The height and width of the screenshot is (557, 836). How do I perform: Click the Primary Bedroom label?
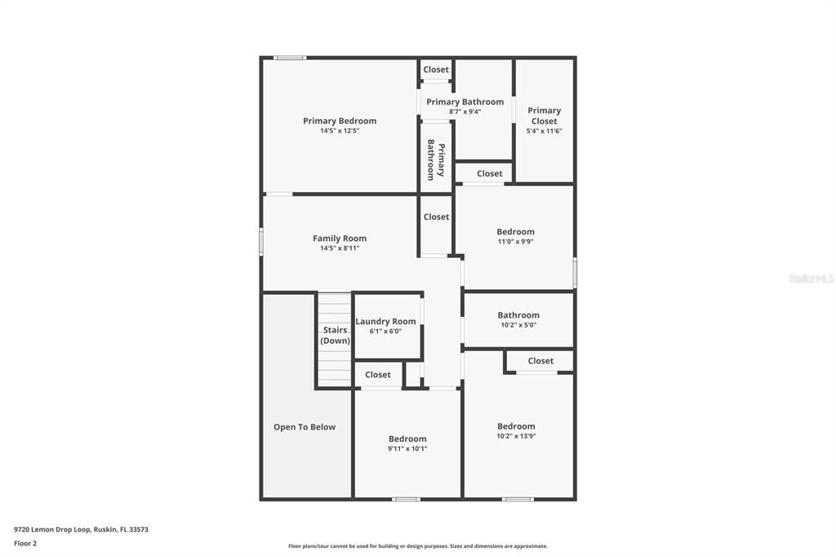[x=340, y=121]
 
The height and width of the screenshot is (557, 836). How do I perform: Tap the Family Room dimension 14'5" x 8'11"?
[x=340, y=248]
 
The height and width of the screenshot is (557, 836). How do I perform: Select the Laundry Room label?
[x=385, y=322]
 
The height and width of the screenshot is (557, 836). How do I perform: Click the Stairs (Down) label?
[x=335, y=335]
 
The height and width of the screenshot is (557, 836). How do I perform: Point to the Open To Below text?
[x=305, y=427]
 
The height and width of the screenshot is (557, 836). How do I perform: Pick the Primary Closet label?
[x=544, y=115]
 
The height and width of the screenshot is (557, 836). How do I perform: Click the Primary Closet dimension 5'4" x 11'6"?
[x=544, y=131]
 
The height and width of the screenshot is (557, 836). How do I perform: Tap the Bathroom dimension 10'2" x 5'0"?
[x=518, y=325]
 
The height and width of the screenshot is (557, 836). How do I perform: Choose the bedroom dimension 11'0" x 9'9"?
[x=516, y=242]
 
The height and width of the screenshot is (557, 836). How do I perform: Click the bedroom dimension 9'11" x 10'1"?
[x=407, y=448]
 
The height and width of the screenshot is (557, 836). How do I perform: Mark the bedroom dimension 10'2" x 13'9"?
[x=516, y=436]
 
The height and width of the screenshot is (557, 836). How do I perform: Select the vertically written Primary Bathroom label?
[x=436, y=159]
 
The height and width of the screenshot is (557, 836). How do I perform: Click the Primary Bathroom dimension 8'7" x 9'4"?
[x=465, y=112]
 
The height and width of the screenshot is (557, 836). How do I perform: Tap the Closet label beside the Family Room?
[x=436, y=217]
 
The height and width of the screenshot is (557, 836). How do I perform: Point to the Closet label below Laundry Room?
[x=378, y=375]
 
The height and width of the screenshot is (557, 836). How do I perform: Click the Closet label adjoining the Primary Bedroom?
[x=436, y=70]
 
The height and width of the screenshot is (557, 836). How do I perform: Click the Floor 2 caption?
[x=25, y=543]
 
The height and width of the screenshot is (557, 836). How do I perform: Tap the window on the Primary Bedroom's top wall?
[x=290, y=57]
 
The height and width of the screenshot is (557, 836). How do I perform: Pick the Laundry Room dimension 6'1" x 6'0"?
[x=385, y=332]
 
